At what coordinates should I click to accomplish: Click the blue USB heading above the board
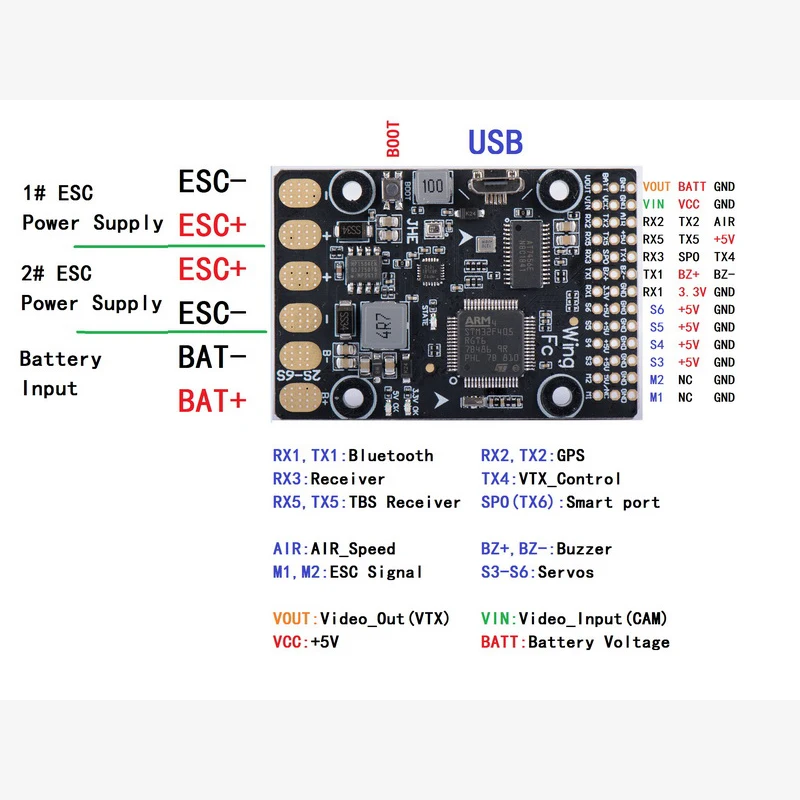(495, 142)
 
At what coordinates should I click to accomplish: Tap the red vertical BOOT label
(393, 139)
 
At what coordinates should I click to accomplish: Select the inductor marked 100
(432, 187)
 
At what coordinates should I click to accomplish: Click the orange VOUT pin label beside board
(657, 187)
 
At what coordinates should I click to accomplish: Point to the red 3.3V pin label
(691, 292)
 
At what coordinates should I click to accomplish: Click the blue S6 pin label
(656, 310)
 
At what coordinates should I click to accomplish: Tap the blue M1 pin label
(656, 398)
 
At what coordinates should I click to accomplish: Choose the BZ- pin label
(724, 274)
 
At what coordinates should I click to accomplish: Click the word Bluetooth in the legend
(390, 456)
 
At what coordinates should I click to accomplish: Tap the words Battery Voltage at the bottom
(598, 642)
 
